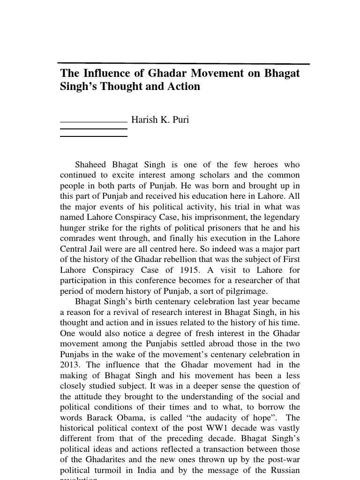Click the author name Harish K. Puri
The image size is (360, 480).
pyautogui.click(x=160, y=120)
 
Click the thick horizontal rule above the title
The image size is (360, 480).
pyautogui.click(x=183, y=63)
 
